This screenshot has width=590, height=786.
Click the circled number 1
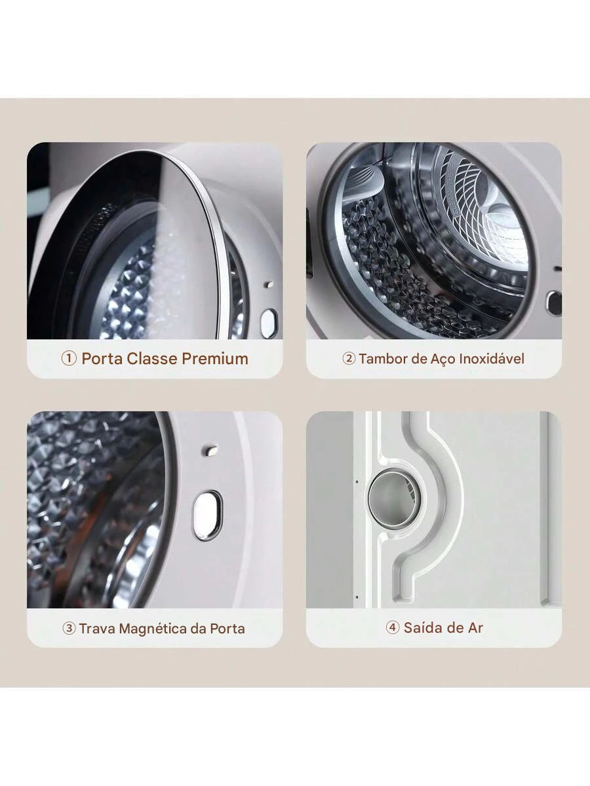(69, 358)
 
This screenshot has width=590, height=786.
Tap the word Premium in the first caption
(215, 358)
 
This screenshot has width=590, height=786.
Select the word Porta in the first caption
(102, 358)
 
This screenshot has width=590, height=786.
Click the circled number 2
(349, 358)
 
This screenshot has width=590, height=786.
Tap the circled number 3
(69, 628)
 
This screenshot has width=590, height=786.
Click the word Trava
(97, 628)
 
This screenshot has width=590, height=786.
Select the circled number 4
(393, 627)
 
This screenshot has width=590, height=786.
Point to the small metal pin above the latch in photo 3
(210, 450)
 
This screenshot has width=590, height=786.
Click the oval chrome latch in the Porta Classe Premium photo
(269, 324)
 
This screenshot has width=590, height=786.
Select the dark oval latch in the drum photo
(553, 303)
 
